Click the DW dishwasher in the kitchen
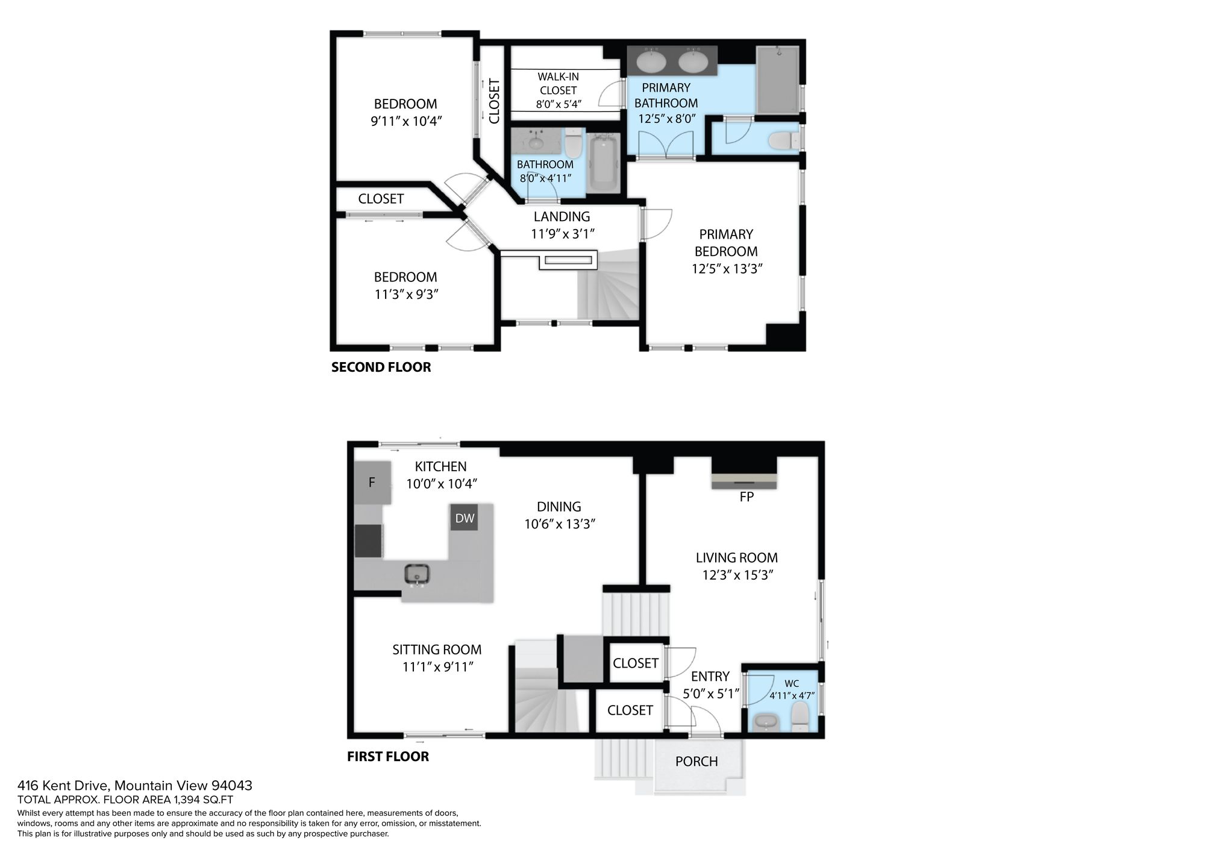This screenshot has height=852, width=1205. (465, 518)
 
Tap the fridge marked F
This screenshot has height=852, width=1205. (372, 482)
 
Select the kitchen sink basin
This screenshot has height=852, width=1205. (416, 574)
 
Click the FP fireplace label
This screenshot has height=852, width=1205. (746, 497)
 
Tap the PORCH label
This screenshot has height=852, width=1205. (696, 762)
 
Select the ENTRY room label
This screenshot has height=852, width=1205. (710, 677)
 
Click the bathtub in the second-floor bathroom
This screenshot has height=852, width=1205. (603, 163)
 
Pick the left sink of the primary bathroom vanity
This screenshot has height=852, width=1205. (651, 61)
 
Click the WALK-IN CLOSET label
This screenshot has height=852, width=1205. (559, 84)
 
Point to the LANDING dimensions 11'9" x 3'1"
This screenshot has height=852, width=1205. (563, 234)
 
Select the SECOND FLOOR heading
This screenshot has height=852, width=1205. (381, 367)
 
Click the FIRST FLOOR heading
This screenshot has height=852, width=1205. (388, 756)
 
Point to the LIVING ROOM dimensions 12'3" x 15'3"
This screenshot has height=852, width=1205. (737, 575)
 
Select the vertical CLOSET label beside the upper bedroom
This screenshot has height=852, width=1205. (495, 101)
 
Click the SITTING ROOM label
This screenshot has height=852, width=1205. (437, 650)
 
